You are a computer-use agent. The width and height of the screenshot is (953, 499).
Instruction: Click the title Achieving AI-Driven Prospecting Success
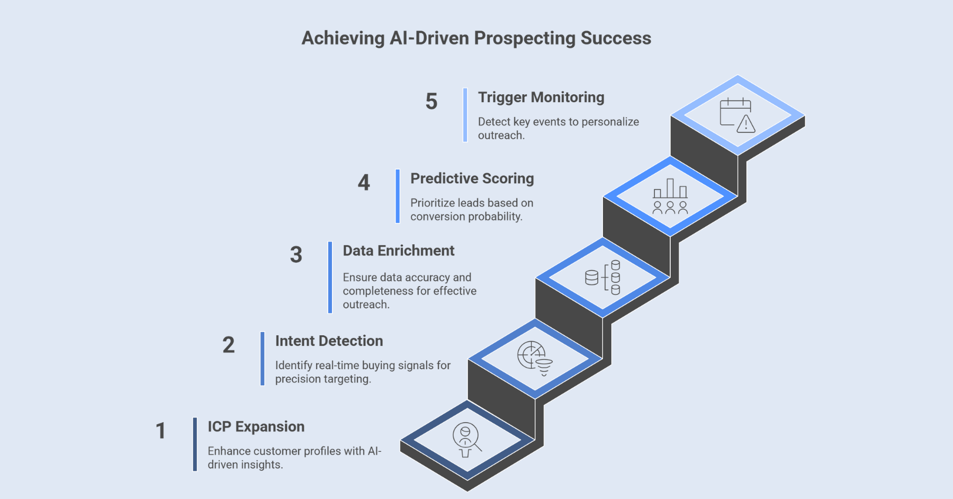(476, 38)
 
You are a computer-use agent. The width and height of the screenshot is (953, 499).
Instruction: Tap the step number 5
(431, 101)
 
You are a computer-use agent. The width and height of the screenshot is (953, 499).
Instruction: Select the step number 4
(364, 183)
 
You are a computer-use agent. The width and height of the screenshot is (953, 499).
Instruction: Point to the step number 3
(296, 255)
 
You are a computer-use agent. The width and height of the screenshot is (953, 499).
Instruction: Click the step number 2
(228, 345)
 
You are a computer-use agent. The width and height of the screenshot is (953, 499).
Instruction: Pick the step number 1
(160, 431)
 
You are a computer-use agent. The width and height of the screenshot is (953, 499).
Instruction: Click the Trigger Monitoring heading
(541, 97)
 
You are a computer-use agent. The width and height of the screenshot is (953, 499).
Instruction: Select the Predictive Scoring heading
(472, 179)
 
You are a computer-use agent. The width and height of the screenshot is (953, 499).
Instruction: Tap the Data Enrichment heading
(398, 251)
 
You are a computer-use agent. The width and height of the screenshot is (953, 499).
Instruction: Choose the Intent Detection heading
(329, 341)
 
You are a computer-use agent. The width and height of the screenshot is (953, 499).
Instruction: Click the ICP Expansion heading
(256, 427)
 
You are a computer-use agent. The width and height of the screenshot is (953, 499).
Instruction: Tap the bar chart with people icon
(670, 197)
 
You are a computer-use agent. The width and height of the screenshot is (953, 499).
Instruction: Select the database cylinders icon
(603, 277)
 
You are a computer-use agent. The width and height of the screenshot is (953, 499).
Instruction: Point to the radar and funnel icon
(535, 358)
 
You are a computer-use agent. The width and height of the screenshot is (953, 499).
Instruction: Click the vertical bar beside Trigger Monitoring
(465, 115)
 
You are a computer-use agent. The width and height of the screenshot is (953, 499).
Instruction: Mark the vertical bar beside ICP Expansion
(195, 444)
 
